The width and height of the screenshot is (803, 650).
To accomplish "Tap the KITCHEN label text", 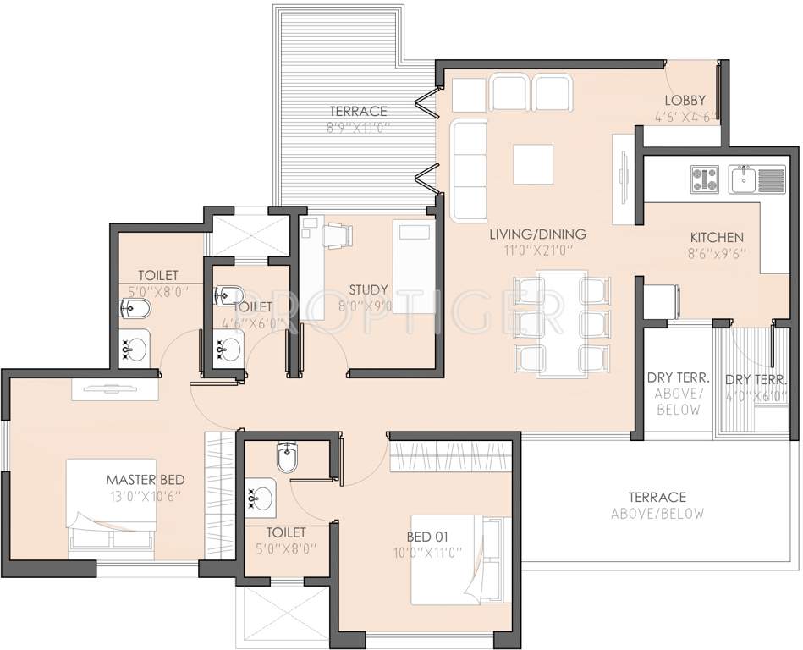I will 716,238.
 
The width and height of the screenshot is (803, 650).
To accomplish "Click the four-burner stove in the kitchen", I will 704,179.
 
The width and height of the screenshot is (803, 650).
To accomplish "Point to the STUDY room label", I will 367,289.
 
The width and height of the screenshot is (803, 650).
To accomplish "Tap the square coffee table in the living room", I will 533,163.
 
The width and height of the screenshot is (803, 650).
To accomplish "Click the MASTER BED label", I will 140,479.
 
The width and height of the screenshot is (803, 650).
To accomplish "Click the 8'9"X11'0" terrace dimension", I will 359,128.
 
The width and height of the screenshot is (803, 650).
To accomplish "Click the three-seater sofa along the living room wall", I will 470,169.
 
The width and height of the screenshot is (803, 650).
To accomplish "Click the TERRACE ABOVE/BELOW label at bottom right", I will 657,505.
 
